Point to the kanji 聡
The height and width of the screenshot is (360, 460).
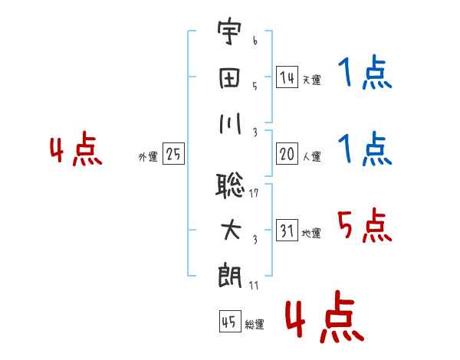pyautogui.click(x=231, y=186)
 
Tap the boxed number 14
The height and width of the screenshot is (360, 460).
pyautogui.click(x=287, y=77)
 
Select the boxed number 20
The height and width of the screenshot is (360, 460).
pyautogui.click(x=287, y=154)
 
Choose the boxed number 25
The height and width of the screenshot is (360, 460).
pyautogui.click(x=173, y=154)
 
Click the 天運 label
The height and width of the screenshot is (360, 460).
pyautogui.click(x=310, y=80)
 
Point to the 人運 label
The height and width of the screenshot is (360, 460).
pyautogui.click(x=310, y=156)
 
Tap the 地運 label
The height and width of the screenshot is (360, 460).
pyautogui.click(x=310, y=233)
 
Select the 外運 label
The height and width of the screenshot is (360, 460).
pyautogui.click(x=148, y=156)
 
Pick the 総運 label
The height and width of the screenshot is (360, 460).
pyautogui.click(x=255, y=324)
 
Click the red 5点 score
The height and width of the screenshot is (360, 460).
pyautogui.click(x=365, y=225)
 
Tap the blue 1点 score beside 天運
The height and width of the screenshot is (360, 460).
pyautogui.click(x=365, y=74)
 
